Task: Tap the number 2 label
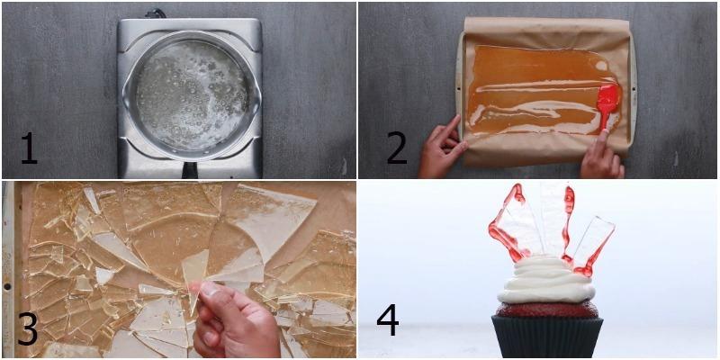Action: pyautogui.click(x=396, y=147)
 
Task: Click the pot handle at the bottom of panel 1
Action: pyautogui.click(x=190, y=169)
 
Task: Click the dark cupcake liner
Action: pyautogui.click(x=547, y=337)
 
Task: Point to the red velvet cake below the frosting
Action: pyautogui.click(x=546, y=310)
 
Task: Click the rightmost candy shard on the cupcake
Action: pyautogui.click(x=590, y=246)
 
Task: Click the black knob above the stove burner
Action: pyautogui.click(x=156, y=13)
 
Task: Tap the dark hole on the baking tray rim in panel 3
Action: pyautogui.click(x=7, y=286)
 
